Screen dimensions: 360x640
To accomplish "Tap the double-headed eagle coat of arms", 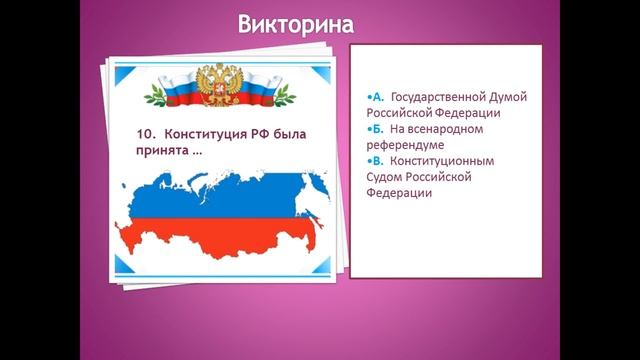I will (218, 85).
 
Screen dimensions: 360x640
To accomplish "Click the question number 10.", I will (145, 133).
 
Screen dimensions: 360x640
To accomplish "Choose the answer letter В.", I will (378, 160).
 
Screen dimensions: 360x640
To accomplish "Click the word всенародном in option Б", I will (462, 129).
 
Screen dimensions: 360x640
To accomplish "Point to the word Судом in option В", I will (388, 176).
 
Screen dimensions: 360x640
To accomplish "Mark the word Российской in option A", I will (409, 113).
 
